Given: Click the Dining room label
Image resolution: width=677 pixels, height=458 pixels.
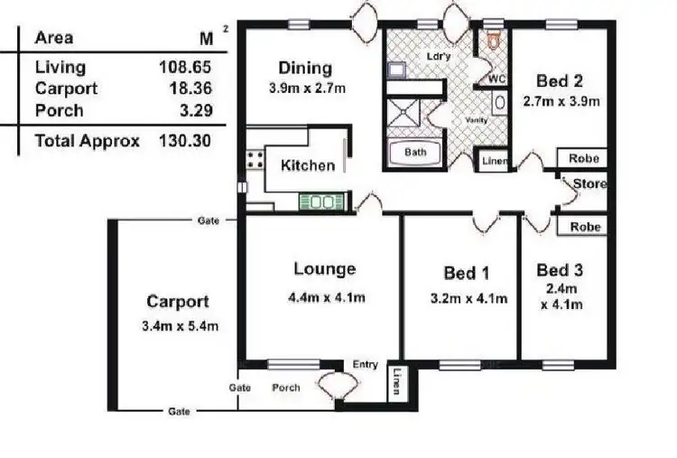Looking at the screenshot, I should coord(305,68).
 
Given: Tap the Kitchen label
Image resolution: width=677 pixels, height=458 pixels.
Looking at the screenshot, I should coord(308,165).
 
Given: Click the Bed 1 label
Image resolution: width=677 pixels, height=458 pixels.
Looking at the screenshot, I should coord(466,274).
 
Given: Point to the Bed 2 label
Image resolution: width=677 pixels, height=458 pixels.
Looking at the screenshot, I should coord(559,79).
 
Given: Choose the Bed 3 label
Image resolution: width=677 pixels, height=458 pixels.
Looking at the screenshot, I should coord(559,270).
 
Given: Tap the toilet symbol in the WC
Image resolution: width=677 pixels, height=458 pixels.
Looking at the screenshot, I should coord(493,40).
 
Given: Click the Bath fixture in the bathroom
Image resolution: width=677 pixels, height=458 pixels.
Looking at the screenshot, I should coord(414,153).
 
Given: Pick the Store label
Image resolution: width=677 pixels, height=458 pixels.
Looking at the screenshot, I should coord(590,184).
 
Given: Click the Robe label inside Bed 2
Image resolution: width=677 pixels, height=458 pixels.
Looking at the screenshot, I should coord(584,159).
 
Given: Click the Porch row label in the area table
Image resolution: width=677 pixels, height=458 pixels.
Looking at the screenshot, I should coord(59,110).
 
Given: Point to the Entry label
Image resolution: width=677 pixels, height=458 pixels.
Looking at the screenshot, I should coord(365,364).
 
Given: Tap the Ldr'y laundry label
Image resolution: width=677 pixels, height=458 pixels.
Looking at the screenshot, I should coord(438,56).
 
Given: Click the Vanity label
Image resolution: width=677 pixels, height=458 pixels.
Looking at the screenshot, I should coord(476,120).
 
